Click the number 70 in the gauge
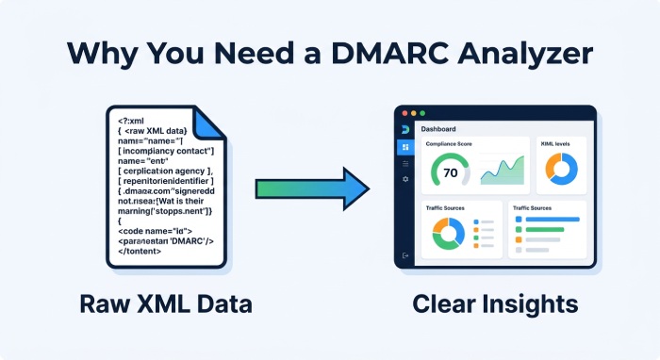tap(450, 173)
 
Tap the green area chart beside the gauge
tap(501, 171)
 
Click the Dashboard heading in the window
tap(438, 128)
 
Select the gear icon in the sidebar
tap(405, 178)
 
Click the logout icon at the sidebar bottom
tap(405, 255)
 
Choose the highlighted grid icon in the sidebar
tap(405, 147)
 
